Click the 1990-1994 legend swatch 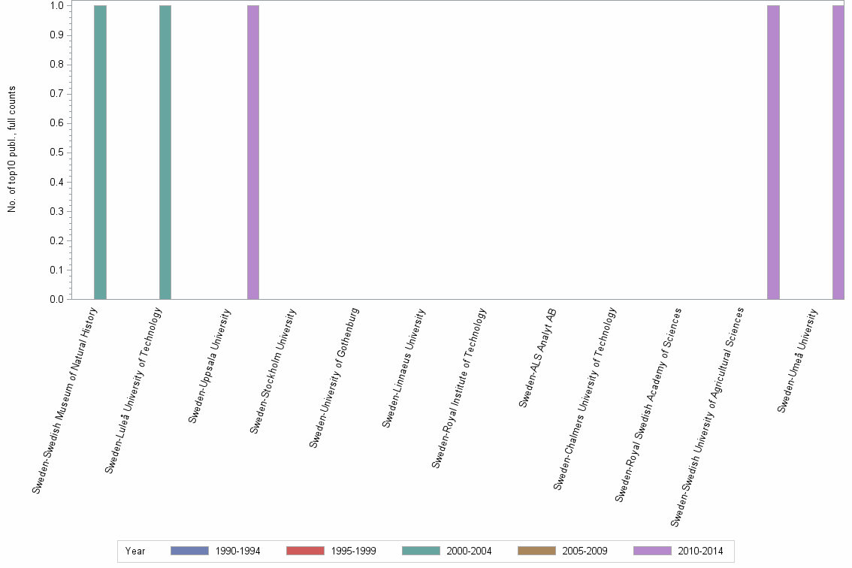tap(189, 551)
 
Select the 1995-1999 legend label tap(353, 551)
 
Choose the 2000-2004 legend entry tap(447, 551)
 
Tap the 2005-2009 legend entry tap(563, 551)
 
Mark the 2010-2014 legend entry tap(678, 551)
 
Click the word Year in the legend tap(135, 551)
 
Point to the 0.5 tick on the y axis tap(56, 153)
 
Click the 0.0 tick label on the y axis tap(56, 300)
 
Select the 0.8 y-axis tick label tap(56, 65)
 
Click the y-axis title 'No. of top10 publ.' tap(12, 150)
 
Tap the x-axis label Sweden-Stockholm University tap(273, 371)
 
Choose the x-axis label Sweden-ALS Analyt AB tap(538, 358)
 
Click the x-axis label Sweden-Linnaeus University tap(404, 368)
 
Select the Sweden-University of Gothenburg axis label tap(334, 378)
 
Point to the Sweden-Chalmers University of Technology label tap(585, 399)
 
